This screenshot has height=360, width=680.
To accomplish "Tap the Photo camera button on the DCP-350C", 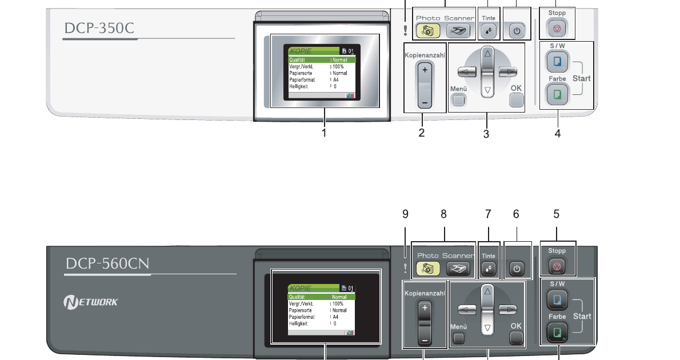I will click(x=427, y=31).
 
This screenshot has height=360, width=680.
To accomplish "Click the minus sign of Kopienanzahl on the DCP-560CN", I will click(x=425, y=340).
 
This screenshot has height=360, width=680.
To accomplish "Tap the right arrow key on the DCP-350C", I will click(x=507, y=72).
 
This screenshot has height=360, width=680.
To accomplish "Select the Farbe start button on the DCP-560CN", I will click(x=557, y=331).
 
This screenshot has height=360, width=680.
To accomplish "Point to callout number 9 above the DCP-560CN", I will click(x=405, y=214).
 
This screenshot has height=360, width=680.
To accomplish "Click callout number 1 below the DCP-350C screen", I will click(x=324, y=133).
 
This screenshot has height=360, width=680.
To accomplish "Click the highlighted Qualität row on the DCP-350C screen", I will click(x=321, y=59).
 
